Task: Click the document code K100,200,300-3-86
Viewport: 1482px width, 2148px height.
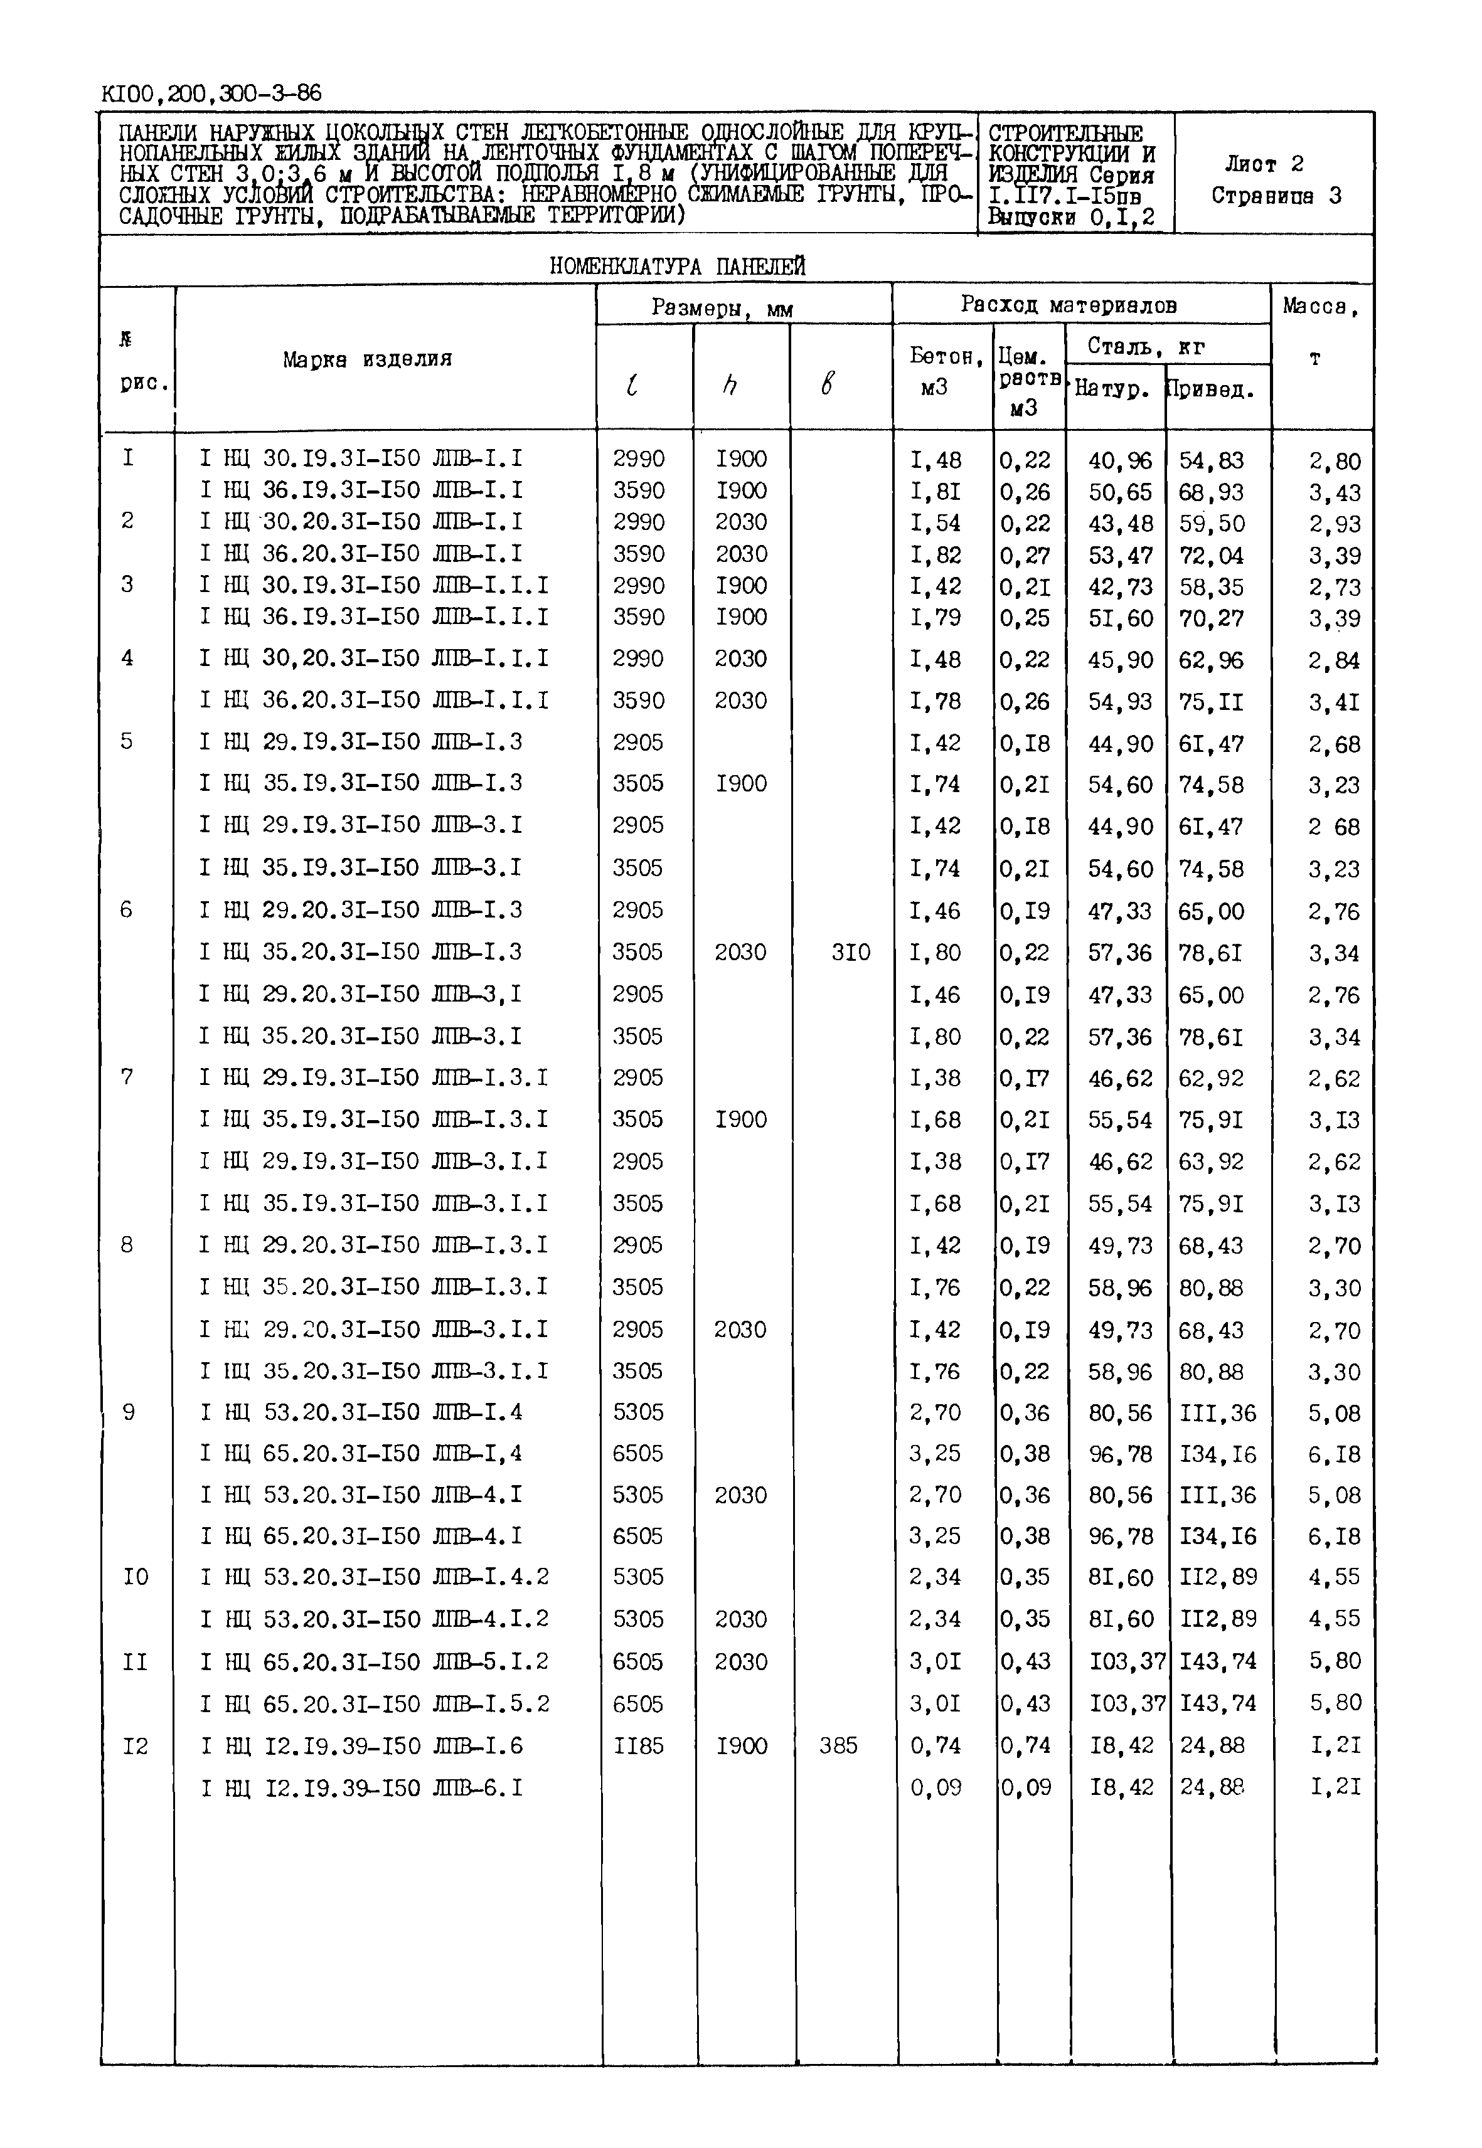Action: (x=211, y=93)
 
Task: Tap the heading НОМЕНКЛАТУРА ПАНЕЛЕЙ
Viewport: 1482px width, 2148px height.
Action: (x=677, y=267)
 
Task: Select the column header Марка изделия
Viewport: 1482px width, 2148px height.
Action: (x=367, y=359)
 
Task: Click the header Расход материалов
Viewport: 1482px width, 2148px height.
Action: (x=1068, y=304)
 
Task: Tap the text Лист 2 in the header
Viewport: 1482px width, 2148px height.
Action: (x=1264, y=164)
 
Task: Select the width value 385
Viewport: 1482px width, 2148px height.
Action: (x=838, y=1746)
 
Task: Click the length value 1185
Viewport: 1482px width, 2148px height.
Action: (x=639, y=1746)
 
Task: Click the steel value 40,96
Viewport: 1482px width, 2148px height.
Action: (x=1120, y=460)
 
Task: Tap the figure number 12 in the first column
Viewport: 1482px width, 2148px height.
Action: (x=136, y=1746)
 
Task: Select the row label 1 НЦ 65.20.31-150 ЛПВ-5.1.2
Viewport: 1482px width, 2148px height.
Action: (x=374, y=1661)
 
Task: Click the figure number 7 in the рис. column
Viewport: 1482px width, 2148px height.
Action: (x=127, y=1077)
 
